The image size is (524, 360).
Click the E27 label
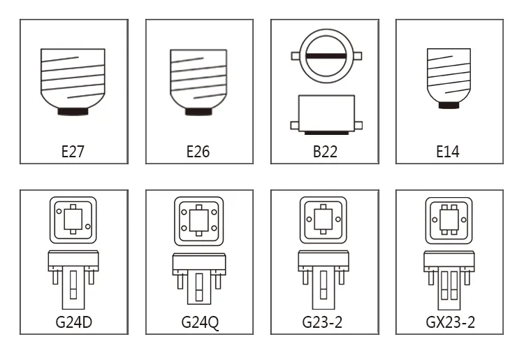click(x=73, y=152)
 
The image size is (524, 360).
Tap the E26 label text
click(x=198, y=152)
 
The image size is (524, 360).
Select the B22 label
click(x=325, y=152)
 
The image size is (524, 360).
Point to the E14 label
click(x=448, y=152)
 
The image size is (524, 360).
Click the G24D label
click(x=74, y=322)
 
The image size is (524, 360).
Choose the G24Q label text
click(x=200, y=322)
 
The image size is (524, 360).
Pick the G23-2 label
click(x=322, y=322)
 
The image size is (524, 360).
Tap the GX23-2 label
click(x=450, y=322)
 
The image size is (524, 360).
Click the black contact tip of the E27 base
click(x=73, y=111)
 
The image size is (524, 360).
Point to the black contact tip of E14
click(x=449, y=106)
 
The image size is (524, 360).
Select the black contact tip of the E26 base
click(x=199, y=112)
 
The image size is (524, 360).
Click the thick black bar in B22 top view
click(x=326, y=56)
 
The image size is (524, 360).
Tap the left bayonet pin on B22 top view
click(x=296, y=56)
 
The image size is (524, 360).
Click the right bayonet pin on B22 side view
click(x=358, y=126)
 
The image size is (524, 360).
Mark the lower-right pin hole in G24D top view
click(x=88, y=226)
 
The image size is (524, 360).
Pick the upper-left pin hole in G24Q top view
click(x=184, y=212)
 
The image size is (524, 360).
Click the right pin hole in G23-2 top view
click(x=338, y=219)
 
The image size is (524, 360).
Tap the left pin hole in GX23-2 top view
click(x=435, y=219)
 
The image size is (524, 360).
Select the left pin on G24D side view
click(x=55, y=278)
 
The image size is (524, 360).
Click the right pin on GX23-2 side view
click(x=467, y=278)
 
